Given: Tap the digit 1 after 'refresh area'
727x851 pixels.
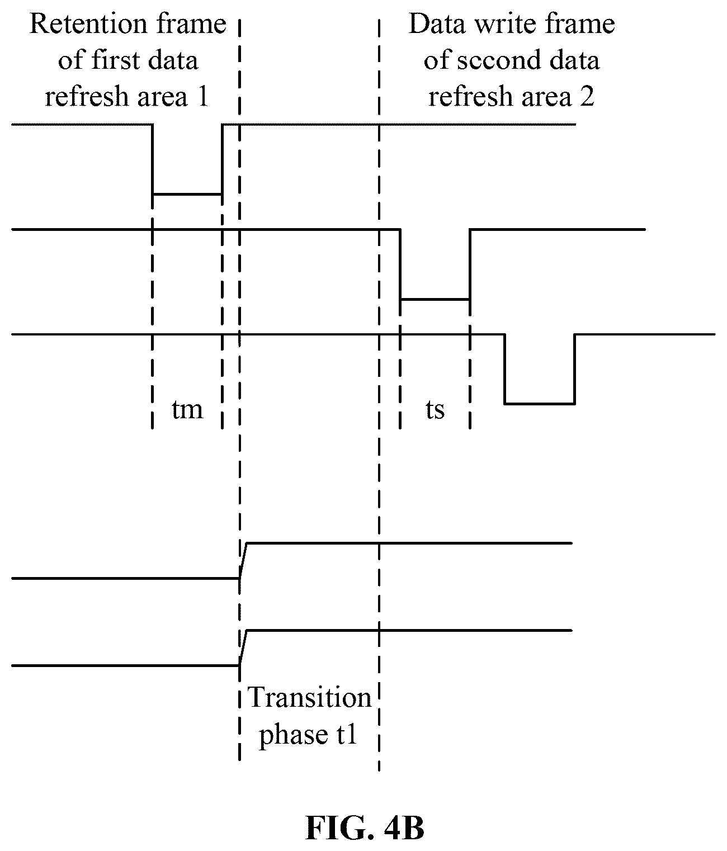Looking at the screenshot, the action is [x=202, y=97].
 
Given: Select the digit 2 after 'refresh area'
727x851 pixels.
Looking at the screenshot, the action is [x=587, y=97].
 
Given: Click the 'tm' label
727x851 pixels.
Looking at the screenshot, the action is [x=187, y=410].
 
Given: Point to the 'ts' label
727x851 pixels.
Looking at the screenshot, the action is [x=435, y=410].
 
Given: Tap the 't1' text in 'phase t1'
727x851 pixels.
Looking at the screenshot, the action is [x=346, y=734].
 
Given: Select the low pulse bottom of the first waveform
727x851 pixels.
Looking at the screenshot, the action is [x=187, y=194].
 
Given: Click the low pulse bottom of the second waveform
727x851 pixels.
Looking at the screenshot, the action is [x=435, y=299].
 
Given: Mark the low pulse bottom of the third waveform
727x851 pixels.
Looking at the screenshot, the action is [x=540, y=404].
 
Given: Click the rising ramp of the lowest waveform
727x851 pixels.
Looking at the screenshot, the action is [x=243, y=648].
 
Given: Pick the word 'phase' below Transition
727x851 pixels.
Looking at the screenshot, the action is [x=293, y=735].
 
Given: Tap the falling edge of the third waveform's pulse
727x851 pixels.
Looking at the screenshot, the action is [x=504, y=369].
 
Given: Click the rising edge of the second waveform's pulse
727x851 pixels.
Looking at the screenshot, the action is [x=470, y=264].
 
